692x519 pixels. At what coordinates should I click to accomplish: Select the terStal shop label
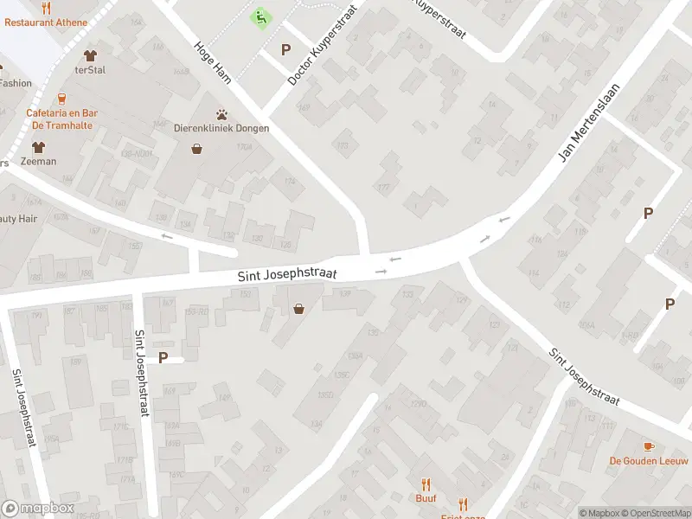point(90,70)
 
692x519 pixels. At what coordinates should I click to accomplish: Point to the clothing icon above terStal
point(90,56)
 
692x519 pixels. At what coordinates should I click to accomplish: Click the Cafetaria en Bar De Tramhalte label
point(62,119)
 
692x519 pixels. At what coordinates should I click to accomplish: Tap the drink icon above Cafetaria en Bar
point(61,99)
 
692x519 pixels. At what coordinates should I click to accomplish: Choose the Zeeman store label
point(39,162)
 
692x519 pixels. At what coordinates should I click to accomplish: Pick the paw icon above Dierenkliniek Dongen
point(222,113)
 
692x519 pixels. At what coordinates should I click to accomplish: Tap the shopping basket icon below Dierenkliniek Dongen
point(197,149)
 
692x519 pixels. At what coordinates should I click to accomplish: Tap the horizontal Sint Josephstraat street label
point(287,274)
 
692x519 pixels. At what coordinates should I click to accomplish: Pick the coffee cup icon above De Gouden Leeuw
point(649,445)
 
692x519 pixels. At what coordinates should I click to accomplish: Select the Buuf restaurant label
point(426,498)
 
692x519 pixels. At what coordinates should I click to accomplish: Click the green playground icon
point(259,16)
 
